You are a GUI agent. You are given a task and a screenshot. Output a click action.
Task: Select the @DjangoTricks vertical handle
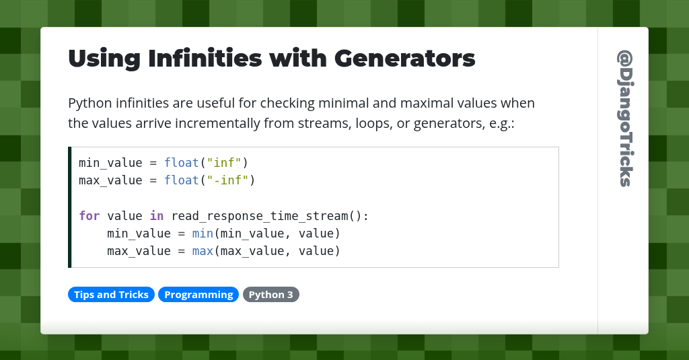point(624,118)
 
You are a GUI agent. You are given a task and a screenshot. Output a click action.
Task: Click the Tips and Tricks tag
point(111,295)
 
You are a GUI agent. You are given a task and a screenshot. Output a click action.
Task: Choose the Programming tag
point(198,295)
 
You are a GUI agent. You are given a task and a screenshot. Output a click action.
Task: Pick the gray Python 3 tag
point(270,295)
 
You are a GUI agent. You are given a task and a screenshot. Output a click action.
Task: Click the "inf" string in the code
point(225,163)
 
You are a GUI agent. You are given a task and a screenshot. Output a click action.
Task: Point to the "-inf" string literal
point(229,180)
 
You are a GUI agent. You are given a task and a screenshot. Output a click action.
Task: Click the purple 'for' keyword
point(89,216)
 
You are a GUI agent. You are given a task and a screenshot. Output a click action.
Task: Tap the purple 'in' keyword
point(156,216)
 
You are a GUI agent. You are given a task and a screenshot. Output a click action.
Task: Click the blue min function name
point(203,233)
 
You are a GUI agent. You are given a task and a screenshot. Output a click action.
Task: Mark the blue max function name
point(203,251)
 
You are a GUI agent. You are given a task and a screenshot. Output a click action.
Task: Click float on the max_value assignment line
point(182,180)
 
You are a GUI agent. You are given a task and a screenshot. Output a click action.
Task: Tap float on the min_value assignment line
point(182,163)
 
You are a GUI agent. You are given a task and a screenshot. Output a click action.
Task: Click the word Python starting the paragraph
point(89,104)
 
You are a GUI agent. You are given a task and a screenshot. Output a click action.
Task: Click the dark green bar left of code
point(69,207)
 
